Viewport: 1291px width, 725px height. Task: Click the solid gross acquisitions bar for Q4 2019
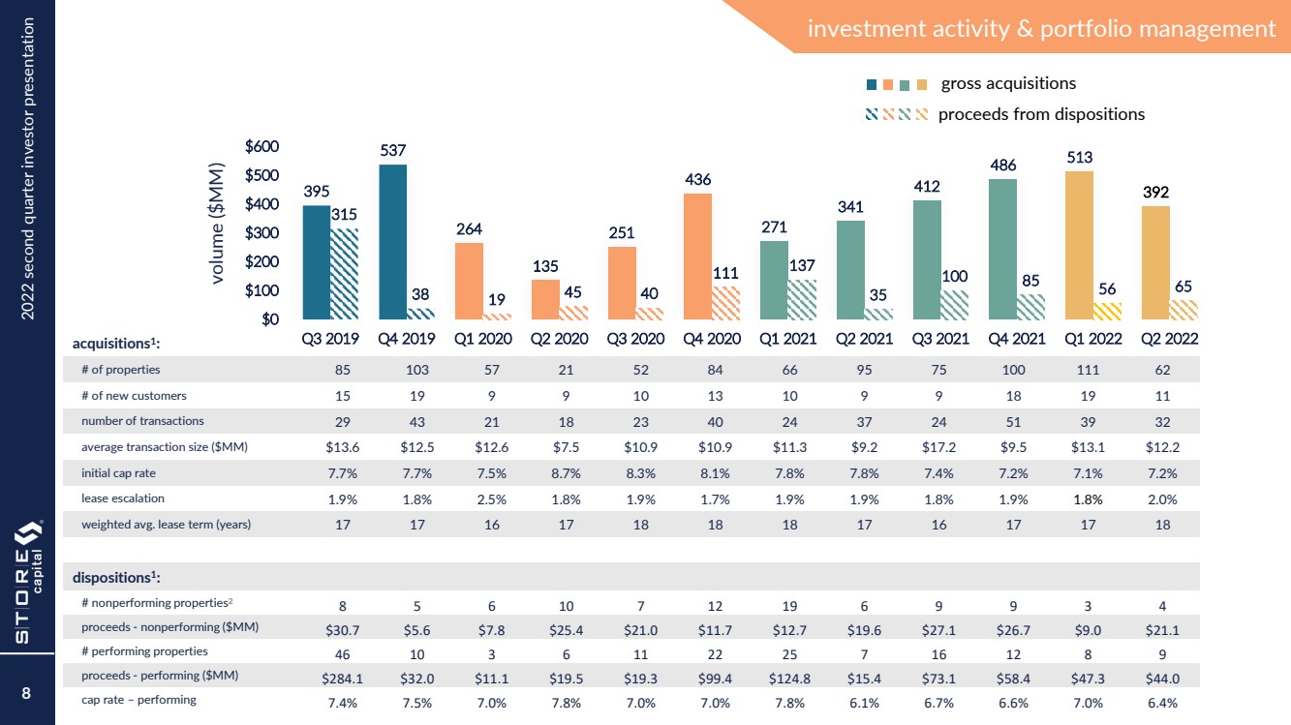pos(393,242)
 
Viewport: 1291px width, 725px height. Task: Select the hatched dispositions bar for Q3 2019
pos(344,274)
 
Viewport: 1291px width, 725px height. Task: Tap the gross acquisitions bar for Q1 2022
pos(1079,245)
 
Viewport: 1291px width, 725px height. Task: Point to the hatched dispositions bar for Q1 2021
pos(801,299)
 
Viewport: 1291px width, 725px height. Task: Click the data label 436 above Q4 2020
pos(698,180)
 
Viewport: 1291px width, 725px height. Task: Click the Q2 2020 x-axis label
pos(559,339)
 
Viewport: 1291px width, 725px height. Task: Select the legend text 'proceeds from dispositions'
pos(1041,114)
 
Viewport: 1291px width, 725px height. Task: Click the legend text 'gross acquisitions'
pos(1008,83)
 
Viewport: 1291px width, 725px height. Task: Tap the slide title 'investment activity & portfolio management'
pos(1041,29)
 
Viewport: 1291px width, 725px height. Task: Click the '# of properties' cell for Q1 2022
pos(1087,370)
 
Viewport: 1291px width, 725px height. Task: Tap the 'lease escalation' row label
pos(123,498)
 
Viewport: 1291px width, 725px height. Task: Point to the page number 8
pos(27,693)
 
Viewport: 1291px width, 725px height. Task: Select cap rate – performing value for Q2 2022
pos(1162,702)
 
